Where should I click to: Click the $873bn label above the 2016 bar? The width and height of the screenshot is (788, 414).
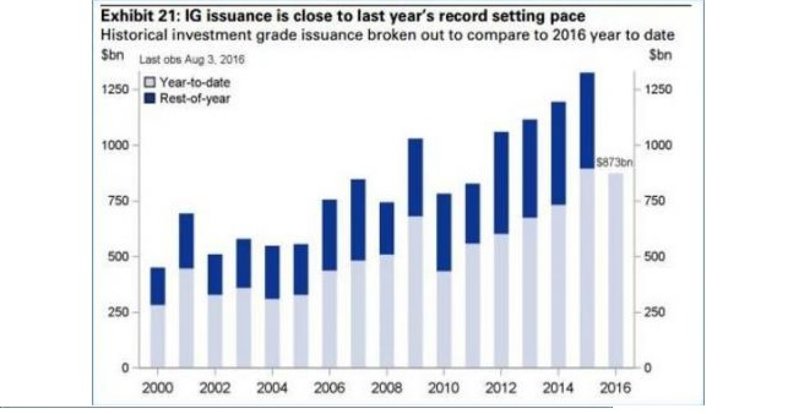[614, 163]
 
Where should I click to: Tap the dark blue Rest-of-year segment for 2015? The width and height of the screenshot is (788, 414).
[587, 121]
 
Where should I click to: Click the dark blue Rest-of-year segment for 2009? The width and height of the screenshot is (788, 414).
[415, 177]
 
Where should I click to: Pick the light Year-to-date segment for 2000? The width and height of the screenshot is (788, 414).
[158, 336]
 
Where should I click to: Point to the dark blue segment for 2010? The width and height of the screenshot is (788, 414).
[444, 232]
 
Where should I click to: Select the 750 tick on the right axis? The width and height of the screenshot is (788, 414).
[655, 201]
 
